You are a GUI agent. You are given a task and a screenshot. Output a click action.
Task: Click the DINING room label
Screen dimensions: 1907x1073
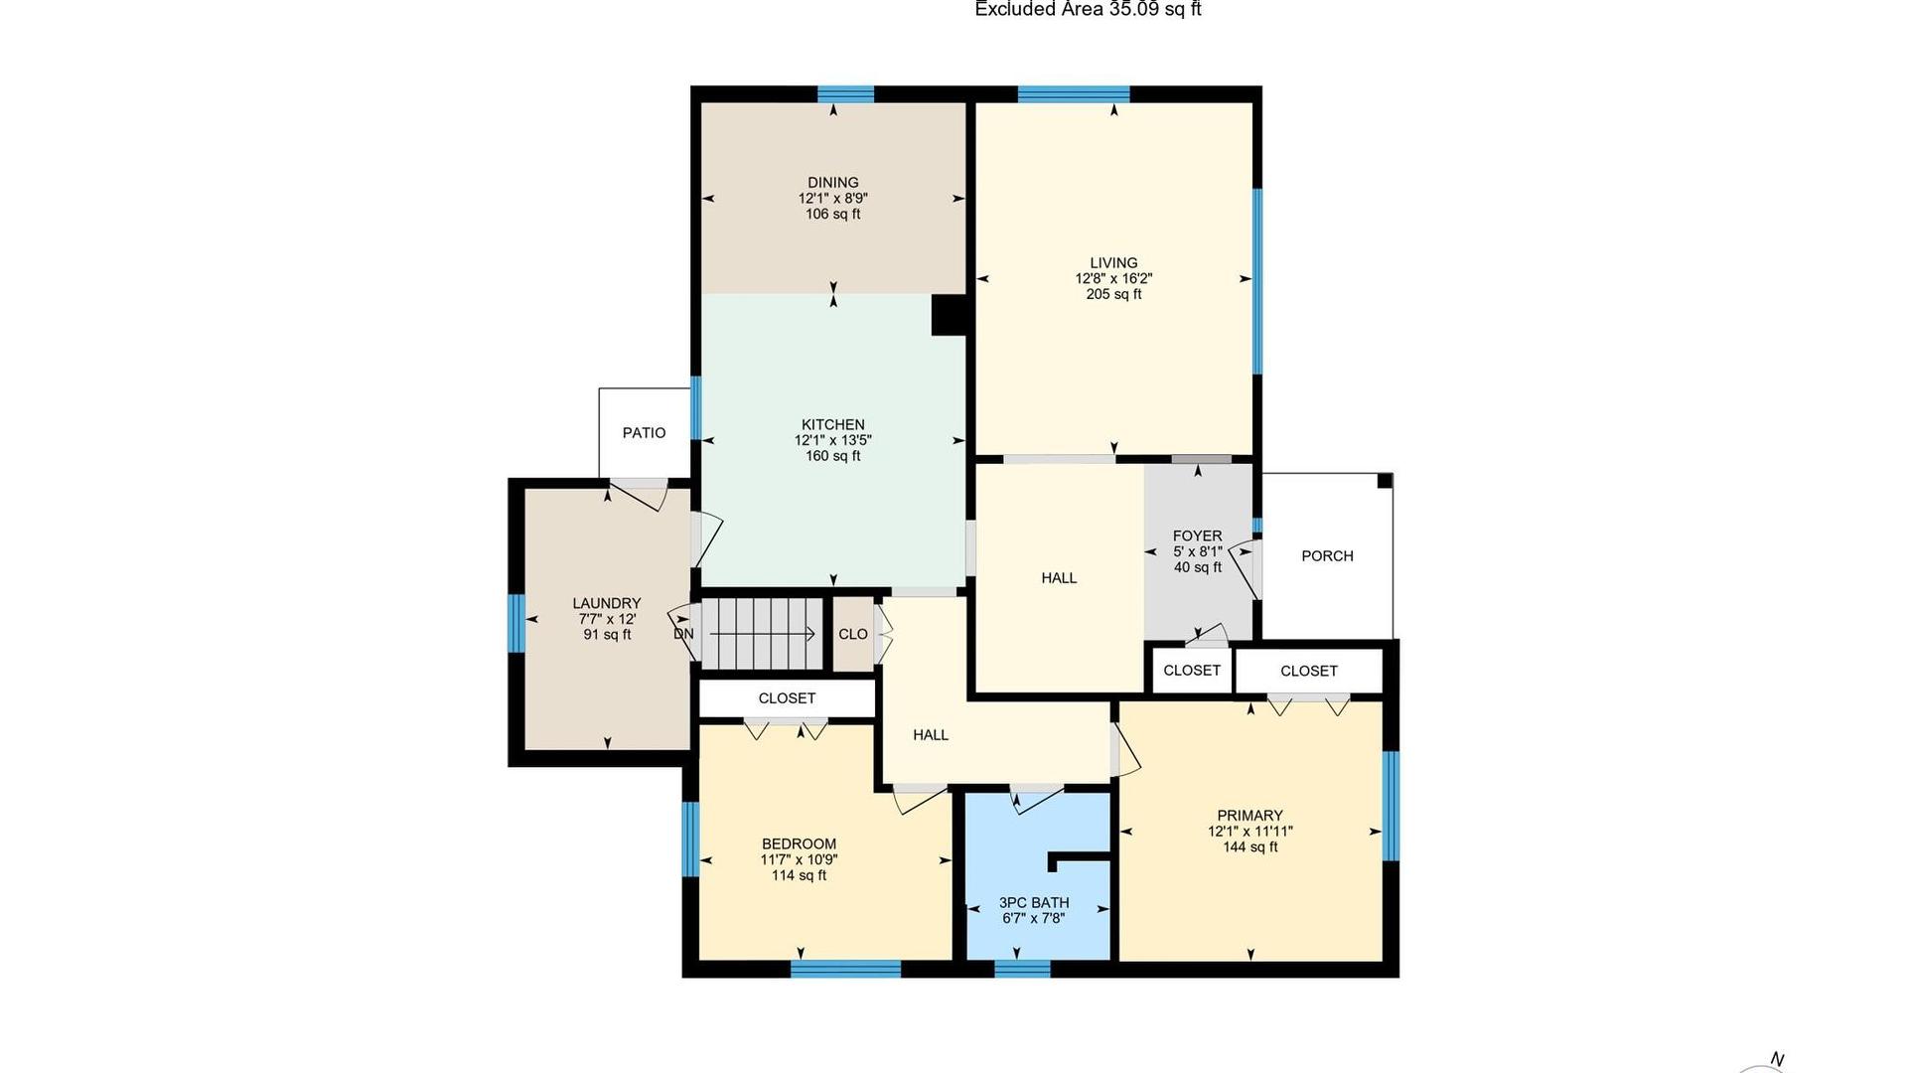[x=832, y=182]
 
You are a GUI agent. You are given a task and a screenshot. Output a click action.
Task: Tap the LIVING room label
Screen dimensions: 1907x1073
[x=1113, y=263]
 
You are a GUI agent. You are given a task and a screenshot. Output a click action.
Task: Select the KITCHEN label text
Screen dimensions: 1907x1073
[x=832, y=424]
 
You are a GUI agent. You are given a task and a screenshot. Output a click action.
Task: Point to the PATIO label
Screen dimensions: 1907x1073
[x=644, y=433]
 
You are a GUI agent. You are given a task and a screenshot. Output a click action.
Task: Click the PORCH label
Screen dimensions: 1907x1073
[x=1327, y=556]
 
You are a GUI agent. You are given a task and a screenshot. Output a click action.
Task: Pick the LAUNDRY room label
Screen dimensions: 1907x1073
[x=607, y=603]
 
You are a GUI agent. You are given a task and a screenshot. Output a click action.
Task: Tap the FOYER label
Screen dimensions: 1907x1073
[x=1197, y=536]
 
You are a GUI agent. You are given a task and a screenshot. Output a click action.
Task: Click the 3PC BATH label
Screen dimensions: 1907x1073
[x=1034, y=903]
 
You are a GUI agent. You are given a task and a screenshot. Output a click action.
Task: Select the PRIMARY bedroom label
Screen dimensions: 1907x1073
[x=1249, y=816]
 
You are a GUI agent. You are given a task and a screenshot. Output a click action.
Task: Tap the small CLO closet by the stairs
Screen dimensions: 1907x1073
[x=852, y=634]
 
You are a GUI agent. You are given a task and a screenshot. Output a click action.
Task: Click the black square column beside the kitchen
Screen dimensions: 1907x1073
[x=949, y=315]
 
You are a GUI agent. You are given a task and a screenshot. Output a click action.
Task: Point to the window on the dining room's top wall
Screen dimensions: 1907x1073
[x=846, y=94]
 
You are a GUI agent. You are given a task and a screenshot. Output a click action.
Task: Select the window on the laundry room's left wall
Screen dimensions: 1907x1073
[x=515, y=624]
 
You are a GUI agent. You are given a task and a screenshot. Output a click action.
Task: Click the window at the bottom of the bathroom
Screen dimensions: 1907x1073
[x=1022, y=969]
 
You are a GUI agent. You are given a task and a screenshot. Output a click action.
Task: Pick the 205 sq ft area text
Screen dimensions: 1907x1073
[x=1113, y=295]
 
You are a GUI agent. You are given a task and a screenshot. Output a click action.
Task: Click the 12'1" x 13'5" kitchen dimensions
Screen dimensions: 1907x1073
[x=832, y=440]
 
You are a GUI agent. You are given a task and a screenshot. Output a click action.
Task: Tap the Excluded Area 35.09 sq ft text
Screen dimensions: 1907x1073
[x=1088, y=9]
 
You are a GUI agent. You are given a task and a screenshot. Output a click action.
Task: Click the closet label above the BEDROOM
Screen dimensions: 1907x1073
[x=787, y=698]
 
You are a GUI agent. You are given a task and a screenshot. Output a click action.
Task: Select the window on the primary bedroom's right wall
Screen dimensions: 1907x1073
[x=1392, y=806]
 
